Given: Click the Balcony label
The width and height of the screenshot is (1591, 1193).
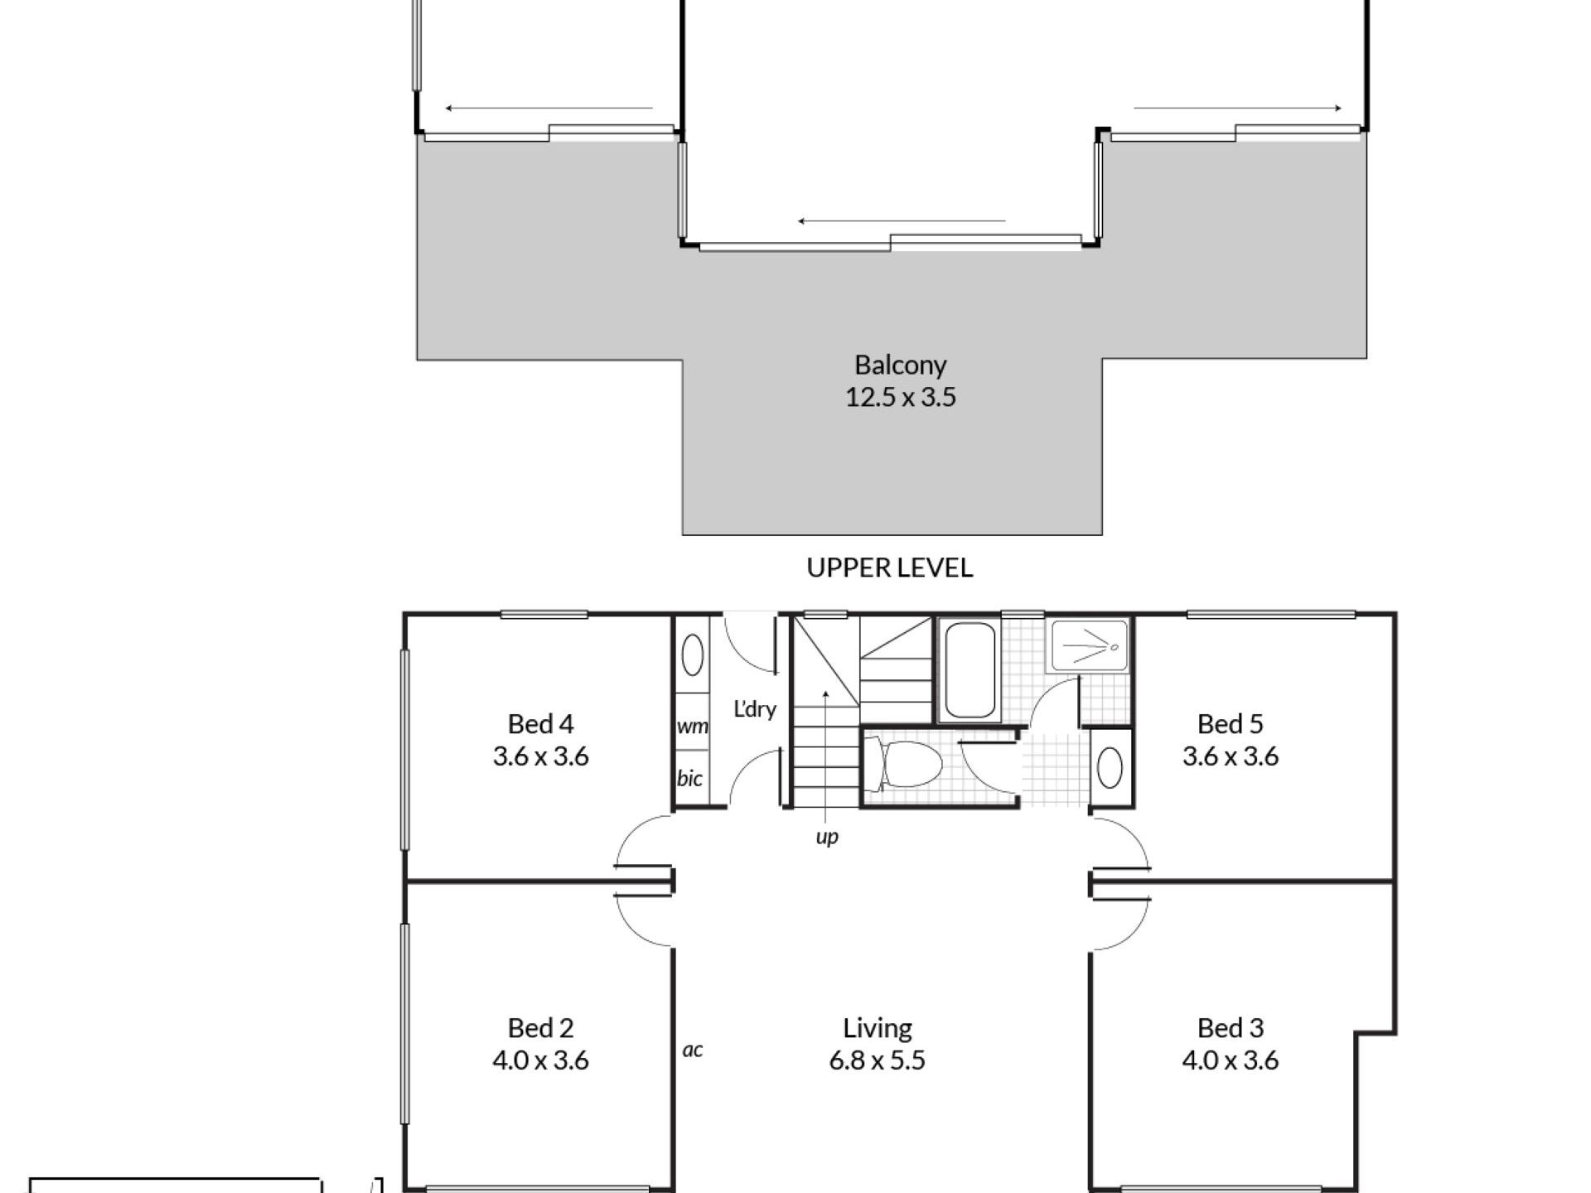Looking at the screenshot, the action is pyautogui.click(x=900, y=365).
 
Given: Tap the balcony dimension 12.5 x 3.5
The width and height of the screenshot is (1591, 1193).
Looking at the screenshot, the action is pyautogui.click(x=901, y=397).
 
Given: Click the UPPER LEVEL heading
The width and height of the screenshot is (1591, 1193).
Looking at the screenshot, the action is pyautogui.click(x=890, y=568).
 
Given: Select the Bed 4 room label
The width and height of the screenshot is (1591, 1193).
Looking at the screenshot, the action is pyautogui.click(x=540, y=724).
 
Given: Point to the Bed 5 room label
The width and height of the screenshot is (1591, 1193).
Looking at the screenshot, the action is pyautogui.click(x=1231, y=724).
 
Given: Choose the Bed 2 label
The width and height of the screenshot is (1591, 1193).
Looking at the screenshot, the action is pyautogui.click(x=540, y=1028).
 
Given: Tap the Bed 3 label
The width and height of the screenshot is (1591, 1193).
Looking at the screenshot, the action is pyautogui.click(x=1231, y=1028).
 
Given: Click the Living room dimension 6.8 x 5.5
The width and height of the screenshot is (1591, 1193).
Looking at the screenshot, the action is pyautogui.click(x=878, y=1060).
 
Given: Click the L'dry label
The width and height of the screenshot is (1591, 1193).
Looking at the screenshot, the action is pyautogui.click(x=755, y=709).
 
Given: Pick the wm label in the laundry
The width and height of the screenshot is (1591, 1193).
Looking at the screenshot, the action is pyautogui.click(x=693, y=727).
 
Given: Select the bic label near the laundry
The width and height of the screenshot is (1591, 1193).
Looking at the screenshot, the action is pyautogui.click(x=689, y=778).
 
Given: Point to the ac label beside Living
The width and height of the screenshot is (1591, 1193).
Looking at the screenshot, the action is pyautogui.click(x=693, y=1050).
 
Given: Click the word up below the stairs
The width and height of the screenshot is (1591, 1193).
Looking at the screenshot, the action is pyautogui.click(x=827, y=838).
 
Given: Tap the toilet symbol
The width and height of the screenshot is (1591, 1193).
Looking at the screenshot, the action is pyautogui.click(x=903, y=764).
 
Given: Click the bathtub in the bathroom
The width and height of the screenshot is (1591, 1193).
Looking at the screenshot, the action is pyautogui.click(x=970, y=669).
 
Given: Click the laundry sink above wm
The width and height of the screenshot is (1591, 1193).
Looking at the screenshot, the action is pyautogui.click(x=692, y=655).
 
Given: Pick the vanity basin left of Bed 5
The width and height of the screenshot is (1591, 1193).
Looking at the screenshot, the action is pyautogui.click(x=1110, y=768).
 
